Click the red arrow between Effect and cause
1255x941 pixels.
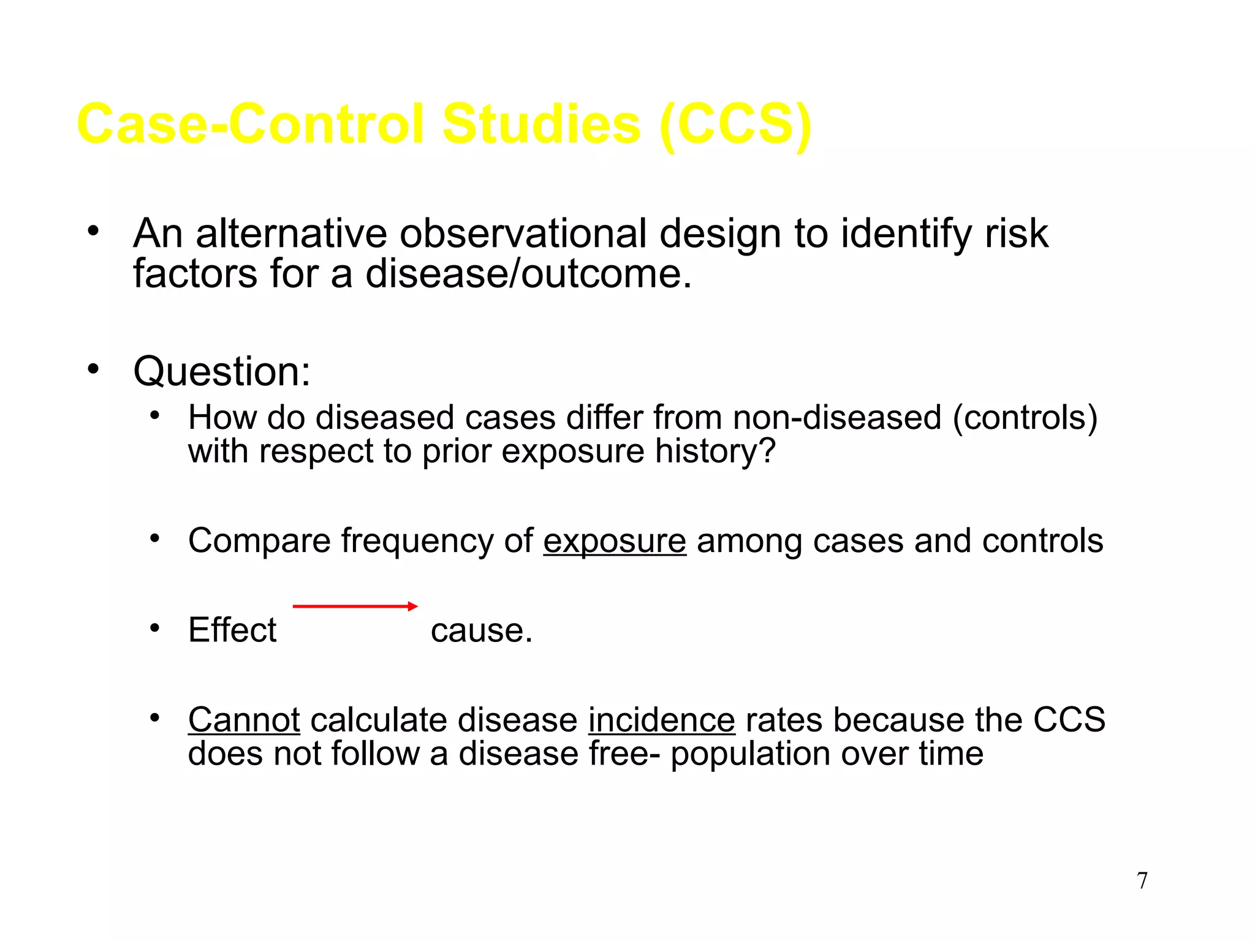click(355, 607)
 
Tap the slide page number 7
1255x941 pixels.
click(1142, 881)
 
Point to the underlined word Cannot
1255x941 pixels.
click(244, 720)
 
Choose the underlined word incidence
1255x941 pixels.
click(661, 720)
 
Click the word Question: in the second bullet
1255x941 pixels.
click(222, 372)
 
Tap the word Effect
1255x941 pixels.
click(232, 630)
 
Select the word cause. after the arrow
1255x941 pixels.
click(482, 631)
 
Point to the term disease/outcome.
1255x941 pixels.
click(528, 274)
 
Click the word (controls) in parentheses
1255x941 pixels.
click(1025, 418)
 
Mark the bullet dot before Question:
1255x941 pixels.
click(93, 369)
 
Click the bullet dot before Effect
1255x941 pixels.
click(155, 629)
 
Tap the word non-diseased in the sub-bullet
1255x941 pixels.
click(836, 418)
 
